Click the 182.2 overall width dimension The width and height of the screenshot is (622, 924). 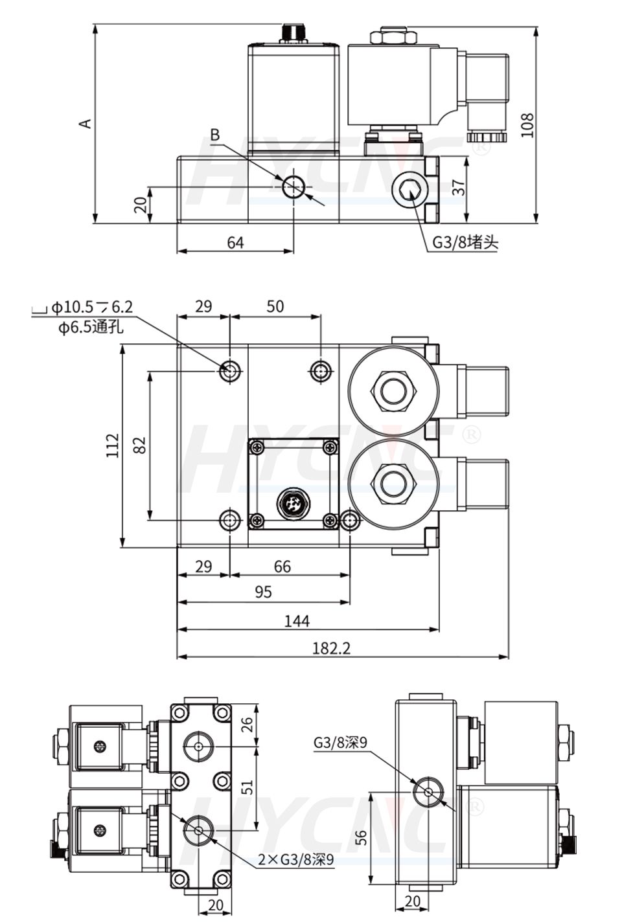coord(331,648)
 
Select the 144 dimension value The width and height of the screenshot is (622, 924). coord(297,621)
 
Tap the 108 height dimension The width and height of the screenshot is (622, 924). coord(527,125)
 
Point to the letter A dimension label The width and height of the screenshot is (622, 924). coord(85,123)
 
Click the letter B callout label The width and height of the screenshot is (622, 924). coord(215,135)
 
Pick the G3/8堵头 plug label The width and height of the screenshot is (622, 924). coord(465,242)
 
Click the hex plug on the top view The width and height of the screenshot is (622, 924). coord(408,191)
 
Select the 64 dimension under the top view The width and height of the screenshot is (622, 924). coord(235,242)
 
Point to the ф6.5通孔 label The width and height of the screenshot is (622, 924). coord(91,328)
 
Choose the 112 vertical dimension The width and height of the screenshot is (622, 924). coord(113,445)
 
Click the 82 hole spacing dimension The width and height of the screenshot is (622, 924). coord(139,445)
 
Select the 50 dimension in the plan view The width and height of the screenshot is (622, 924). coord(275,306)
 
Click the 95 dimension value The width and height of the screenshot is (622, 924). coord(263,592)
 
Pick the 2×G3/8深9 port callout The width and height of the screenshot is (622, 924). coord(295,860)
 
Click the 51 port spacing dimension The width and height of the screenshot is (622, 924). coord(247,787)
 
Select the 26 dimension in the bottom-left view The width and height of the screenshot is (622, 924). coord(247,725)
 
